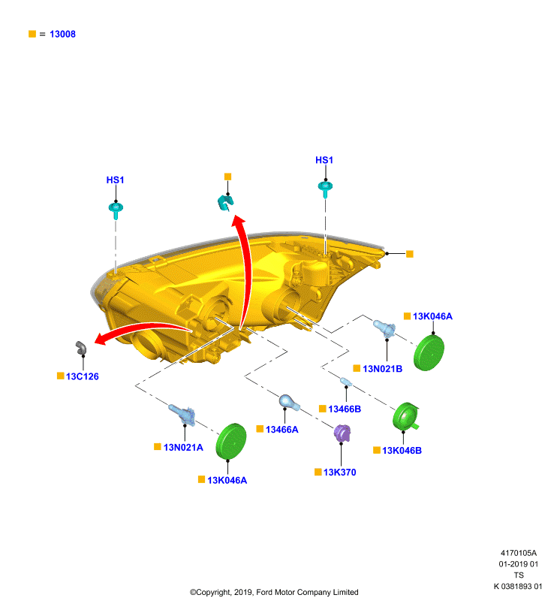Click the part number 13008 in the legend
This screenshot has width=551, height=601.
pos(62,34)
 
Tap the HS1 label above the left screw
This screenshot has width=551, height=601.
pos(116,180)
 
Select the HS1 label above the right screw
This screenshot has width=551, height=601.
pos(324,160)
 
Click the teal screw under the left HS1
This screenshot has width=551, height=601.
pos(116,210)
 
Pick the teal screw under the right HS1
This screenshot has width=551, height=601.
pos(325,189)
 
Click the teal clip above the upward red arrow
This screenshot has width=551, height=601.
pos(225,202)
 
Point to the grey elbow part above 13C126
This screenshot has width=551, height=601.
pos(81,348)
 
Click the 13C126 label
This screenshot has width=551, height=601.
pos(83,376)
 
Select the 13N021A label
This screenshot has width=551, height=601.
pos(183,447)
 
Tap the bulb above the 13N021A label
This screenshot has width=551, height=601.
pos(182,414)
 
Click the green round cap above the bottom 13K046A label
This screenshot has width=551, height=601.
pos(231,441)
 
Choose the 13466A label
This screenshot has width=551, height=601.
pos(282,430)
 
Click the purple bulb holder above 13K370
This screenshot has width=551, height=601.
pos(342,433)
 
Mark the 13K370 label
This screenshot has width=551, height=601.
pos(339,473)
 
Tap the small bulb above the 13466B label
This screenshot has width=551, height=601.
pos(346,382)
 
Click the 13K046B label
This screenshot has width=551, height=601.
pos(402,450)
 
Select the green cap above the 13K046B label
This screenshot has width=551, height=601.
pos(405,417)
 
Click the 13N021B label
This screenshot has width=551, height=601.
pos(383,369)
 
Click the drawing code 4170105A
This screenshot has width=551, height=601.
pos(519,553)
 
